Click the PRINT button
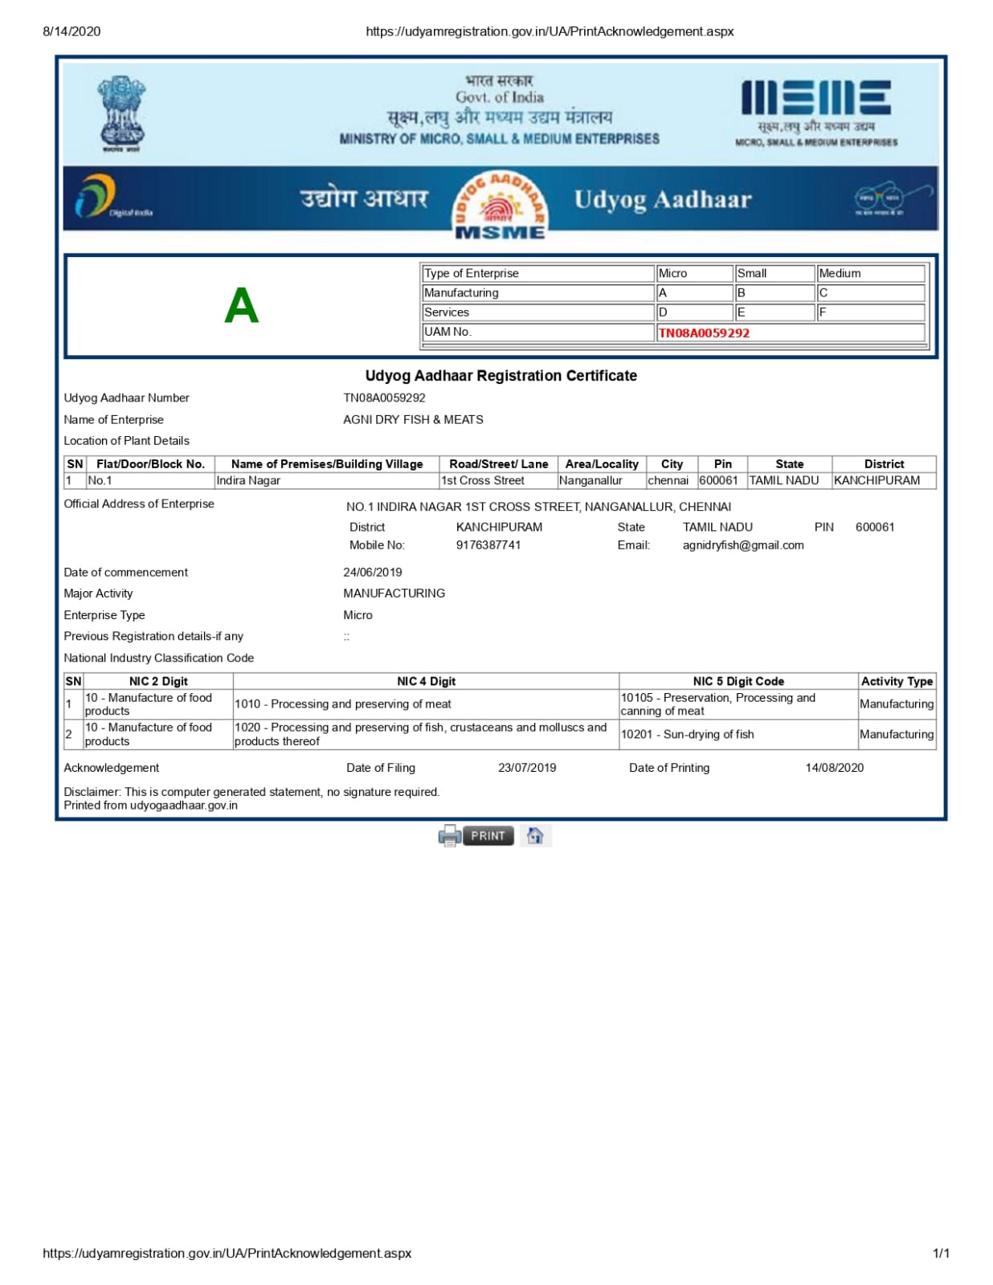[x=487, y=836]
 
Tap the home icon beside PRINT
[x=535, y=836]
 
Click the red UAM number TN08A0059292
[x=704, y=333]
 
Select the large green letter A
[x=241, y=306]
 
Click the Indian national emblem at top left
[x=121, y=112]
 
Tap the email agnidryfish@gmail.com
[x=743, y=545]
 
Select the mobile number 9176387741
[x=488, y=545]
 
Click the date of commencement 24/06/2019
[x=373, y=573]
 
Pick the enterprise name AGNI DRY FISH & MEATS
[x=413, y=420]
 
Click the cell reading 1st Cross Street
[x=483, y=481]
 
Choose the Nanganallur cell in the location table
[x=590, y=481]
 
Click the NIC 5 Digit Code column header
[x=738, y=682]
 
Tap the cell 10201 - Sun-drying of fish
[x=688, y=734]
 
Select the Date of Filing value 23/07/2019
[x=527, y=768]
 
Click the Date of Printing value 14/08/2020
[x=835, y=768]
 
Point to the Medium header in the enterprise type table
[x=840, y=274]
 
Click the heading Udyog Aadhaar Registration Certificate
[x=501, y=376]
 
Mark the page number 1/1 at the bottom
[x=941, y=1254]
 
